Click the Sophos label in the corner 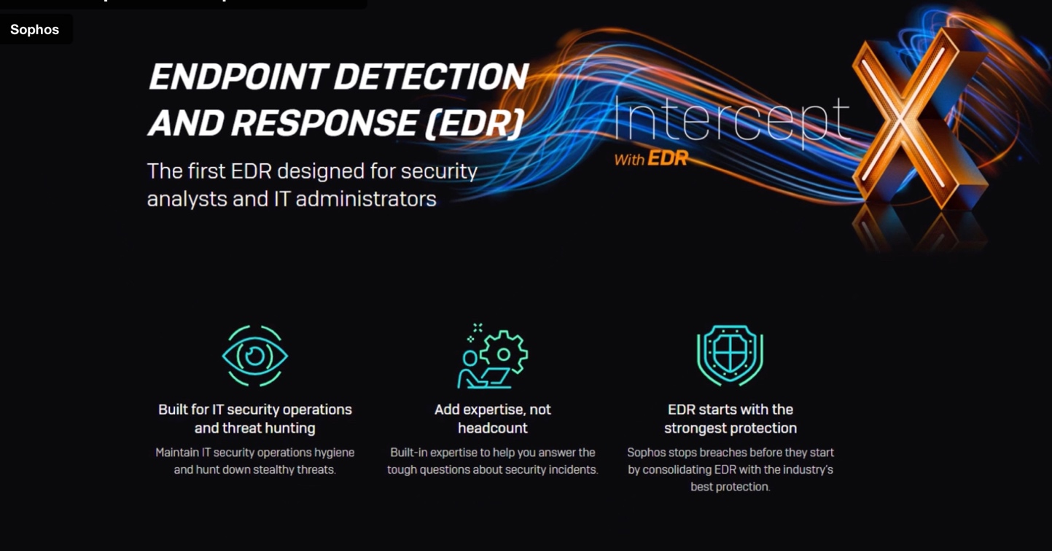click(35, 30)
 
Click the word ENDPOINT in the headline click(238, 77)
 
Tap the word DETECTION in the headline click(431, 77)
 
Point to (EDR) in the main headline click(474, 123)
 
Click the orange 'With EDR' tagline click(652, 159)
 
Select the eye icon click(255, 356)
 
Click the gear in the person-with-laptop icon click(504, 354)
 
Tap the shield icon click(730, 355)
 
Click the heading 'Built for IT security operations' click(255, 410)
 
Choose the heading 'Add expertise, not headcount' click(493, 418)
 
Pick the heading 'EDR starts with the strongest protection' click(730, 418)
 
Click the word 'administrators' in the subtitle click(366, 199)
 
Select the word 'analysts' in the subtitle click(187, 200)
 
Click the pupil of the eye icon click(255, 355)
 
